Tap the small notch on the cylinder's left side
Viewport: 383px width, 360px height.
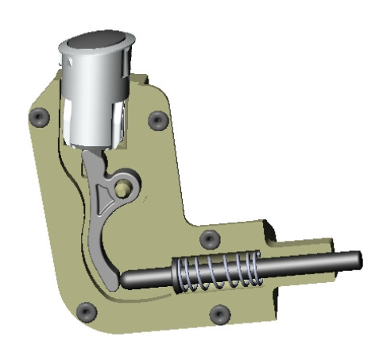[68, 57]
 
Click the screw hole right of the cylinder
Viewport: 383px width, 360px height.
[157, 121]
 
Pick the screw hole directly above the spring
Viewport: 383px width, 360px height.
[209, 238]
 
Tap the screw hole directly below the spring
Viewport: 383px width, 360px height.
[219, 313]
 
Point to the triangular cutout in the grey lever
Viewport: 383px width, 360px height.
[104, 194]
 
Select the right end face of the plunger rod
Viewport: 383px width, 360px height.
[358, 260]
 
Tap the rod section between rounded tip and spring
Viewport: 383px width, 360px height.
[151, 278]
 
